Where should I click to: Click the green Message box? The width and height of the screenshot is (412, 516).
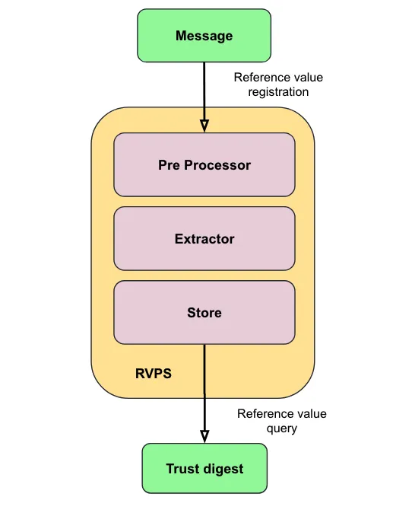pyautogui.click(x=204, y=36)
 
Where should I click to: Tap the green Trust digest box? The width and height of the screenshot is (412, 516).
pyautogui.click(x=204, y=469)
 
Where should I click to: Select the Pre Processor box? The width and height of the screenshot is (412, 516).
pyautogui.click(x=204, y=164)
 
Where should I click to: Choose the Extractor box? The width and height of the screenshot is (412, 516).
pyautogui.click(x=204, y=238)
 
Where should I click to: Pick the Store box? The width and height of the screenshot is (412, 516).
pyautogui.click(x=204, y=312)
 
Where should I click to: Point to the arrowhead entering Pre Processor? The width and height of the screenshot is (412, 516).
pyautogui.click(x=204, y=126)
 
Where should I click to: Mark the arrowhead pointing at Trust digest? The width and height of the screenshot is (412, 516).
pyautogui.click(x=204, y=435)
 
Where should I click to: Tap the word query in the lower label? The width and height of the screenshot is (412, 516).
pyautogui.click(x=281, y=428)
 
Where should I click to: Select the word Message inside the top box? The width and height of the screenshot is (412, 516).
pyautogui.click(x=204, y=36)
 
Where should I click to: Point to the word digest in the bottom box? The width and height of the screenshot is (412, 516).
pyautogui.click(x=224, y=469)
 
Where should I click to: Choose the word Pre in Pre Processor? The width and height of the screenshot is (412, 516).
pyautogui.click(x=170, y=164)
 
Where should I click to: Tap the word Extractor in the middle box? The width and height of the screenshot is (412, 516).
pyautogui.click(x=204, y=238)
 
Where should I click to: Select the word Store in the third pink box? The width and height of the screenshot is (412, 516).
pyautogui.click(x=204, y=312)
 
